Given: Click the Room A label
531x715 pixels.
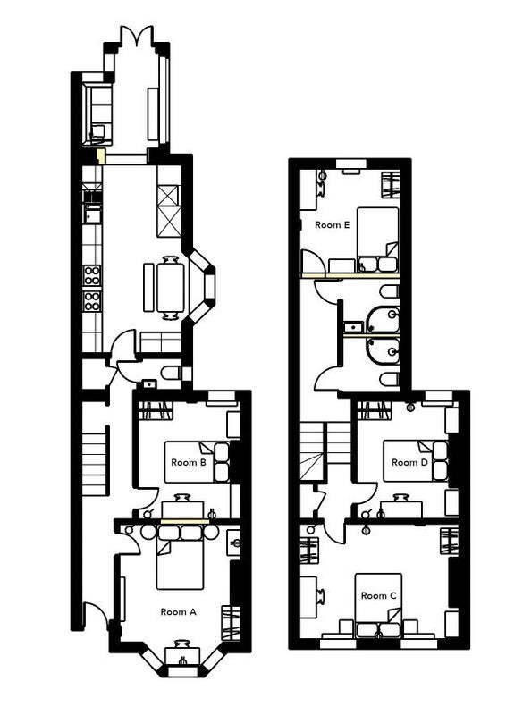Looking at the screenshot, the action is (x=179, y=612).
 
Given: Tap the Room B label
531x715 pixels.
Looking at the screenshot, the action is (x=189, y=462).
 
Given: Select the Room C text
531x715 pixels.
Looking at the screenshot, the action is (x=379, y=595).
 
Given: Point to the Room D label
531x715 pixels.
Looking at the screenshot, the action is (x=409, y=462).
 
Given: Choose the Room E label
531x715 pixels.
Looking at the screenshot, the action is (x=333, y=225).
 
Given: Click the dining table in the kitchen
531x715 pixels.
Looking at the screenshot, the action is (x=171, y=288).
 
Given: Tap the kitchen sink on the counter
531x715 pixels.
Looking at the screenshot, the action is (x=92, y=214).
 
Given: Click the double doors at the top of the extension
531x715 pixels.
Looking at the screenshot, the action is (x=137, y=36).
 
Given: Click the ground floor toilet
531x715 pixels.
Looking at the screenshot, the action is (x=172, y=374).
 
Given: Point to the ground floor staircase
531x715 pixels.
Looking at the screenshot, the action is (x=95, y=464).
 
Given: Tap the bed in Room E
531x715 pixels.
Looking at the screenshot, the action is (x=378, y=240).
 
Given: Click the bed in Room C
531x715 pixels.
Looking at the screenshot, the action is (x=378, y=605).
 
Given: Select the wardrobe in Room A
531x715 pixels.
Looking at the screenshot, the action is (x=231, y=623).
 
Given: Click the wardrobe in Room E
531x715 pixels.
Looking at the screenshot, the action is (x=391, y=184).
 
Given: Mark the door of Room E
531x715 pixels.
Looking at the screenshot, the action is (x=313, y=262).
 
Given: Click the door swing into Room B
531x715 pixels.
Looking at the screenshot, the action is (x=147, y=499).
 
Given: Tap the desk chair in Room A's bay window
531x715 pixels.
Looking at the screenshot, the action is (x=182, y=644).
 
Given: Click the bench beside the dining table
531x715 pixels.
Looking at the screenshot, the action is (x=148, y=288).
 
